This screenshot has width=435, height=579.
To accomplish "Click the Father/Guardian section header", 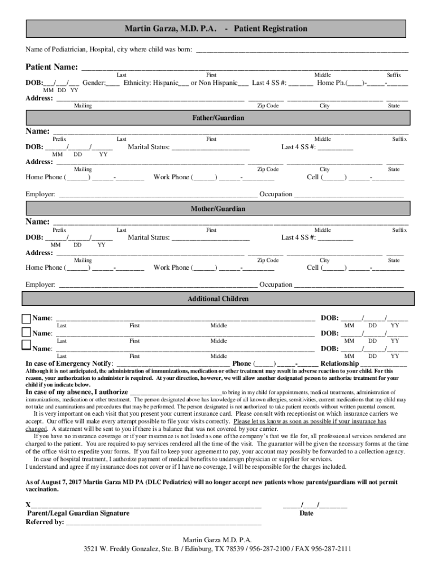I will (218, 118).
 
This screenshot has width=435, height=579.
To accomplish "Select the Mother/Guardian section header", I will (218, 209).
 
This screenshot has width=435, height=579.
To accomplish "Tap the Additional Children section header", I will (218, 299).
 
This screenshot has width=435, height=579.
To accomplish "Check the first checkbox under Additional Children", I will (27, 319).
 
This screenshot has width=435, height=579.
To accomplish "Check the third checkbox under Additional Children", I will (27, 344).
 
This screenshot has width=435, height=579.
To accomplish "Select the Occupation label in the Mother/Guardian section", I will (276, 284).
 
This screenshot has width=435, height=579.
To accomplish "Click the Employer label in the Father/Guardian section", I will (40, 195).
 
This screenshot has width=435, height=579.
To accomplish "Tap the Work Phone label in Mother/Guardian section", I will (172, 267).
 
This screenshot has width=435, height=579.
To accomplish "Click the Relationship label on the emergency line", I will (340, 364).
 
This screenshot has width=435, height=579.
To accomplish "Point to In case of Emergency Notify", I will (69, 364).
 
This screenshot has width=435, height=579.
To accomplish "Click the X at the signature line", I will (28, 504).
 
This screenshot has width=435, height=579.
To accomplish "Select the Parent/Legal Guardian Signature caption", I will (79, 513).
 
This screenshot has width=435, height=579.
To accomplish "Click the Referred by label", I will (45, 522).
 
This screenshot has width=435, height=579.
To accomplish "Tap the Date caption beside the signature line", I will (307, 513).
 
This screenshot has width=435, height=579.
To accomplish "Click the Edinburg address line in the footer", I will (218, 550).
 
